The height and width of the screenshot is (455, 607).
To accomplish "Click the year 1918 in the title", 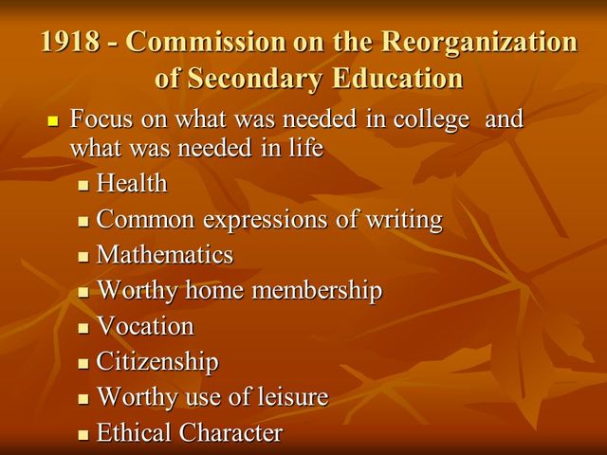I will pos(69,43).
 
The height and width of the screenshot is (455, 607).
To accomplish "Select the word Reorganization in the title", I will pos(479,43).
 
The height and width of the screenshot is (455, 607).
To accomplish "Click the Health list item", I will pos(132,183).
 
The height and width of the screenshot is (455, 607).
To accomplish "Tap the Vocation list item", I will pos(145,327).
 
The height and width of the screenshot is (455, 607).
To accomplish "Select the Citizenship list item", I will pos(157,362).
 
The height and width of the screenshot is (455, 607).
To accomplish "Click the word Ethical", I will pos(135,433).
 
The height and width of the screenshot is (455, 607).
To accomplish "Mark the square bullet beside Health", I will pos(83,185).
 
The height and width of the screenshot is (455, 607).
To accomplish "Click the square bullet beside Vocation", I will pos(83,329).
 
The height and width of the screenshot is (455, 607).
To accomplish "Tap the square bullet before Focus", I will pos(53,123).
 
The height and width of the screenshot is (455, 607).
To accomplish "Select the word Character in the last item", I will pos(231,433).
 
